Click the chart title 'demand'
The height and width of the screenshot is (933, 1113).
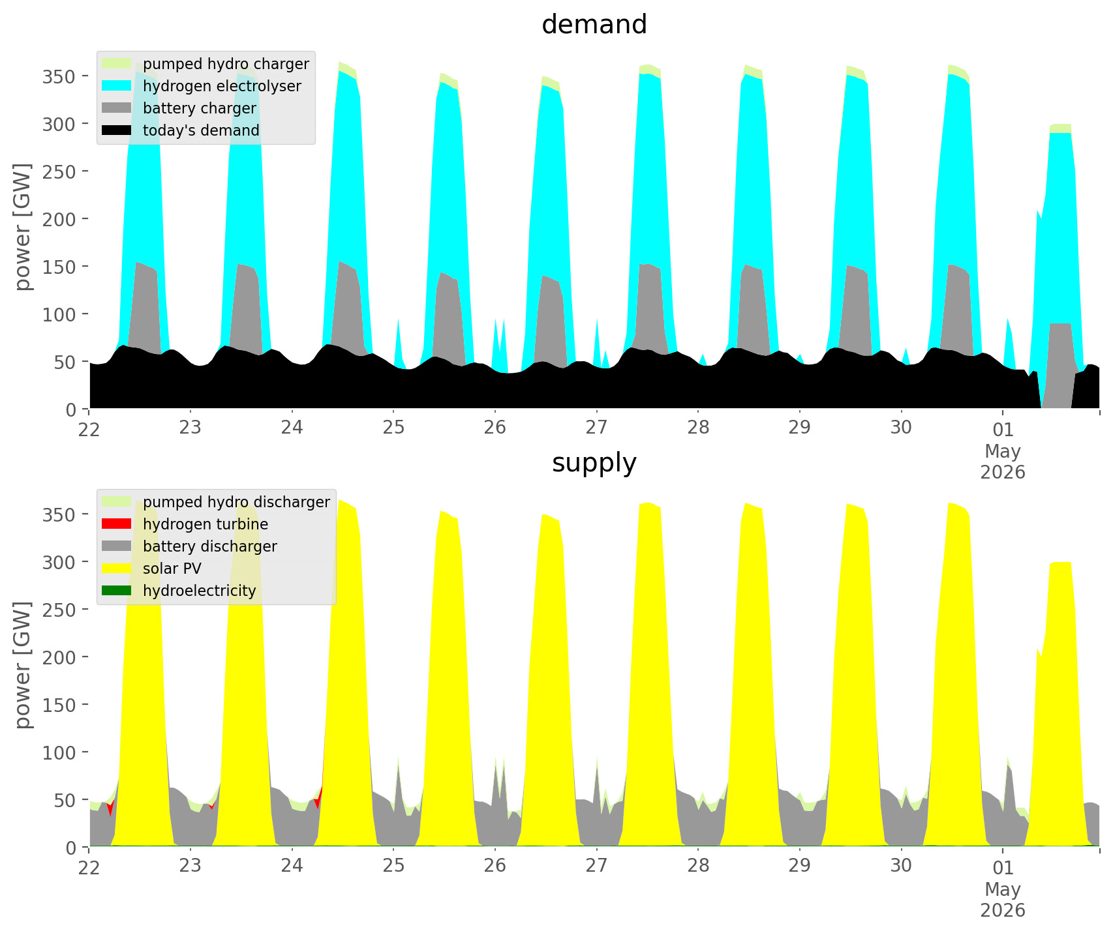(x=594, y=25)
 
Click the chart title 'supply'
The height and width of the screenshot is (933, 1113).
(x=594, y=463)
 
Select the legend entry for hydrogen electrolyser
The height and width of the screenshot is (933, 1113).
(x=202, y=86)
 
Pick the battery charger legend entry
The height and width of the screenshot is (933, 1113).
(x=179, y=108)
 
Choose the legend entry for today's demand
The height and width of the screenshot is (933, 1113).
(x=181, y=130)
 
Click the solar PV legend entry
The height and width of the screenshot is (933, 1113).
(x=152, y=569)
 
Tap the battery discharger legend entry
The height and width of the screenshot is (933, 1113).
(x=190, y=546)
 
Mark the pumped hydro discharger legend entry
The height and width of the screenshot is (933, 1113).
(x=216, y=502)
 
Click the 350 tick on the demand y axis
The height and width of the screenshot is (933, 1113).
(x=64, y=76)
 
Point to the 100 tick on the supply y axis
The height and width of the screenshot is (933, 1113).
(x=64, y=752)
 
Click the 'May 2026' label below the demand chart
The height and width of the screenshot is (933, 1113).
(x=1003, y=461)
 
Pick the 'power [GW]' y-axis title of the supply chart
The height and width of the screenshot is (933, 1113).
(x=23, y=665)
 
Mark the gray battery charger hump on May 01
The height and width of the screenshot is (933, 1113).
(x=1060, y=365)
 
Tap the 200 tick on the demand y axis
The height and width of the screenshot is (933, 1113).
(x=64, y=219)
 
